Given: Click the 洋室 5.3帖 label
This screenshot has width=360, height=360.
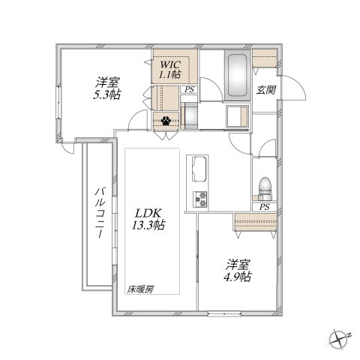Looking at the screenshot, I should (106, 88).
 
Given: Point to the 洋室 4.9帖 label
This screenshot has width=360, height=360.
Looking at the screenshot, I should (239, 270).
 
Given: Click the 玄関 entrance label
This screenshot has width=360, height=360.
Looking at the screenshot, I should (265, 90).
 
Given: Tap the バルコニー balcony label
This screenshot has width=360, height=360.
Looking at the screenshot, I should (98, 213).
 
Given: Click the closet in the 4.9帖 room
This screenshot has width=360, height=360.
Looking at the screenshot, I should (254, 221).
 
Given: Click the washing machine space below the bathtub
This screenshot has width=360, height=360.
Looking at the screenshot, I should (236, 117).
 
